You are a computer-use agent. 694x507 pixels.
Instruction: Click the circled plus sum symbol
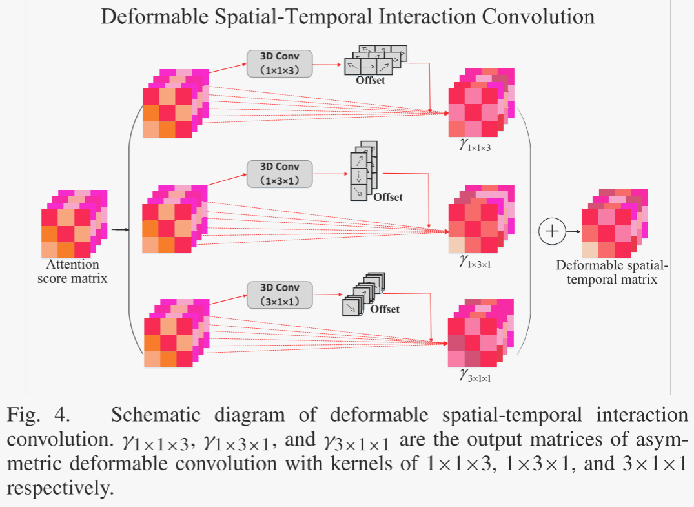pos(551,231)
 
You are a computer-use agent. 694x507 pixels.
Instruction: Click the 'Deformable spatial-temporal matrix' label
pos(612,273)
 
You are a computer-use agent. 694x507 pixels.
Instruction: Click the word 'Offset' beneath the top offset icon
pos(370,80)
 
